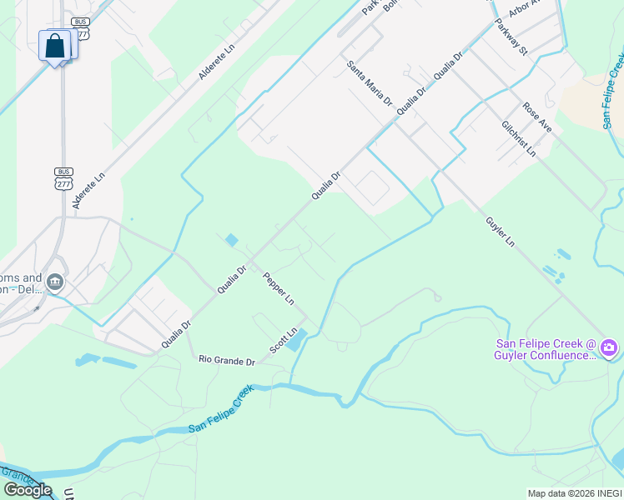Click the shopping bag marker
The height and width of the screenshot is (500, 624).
55,46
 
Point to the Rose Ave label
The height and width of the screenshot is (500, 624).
537,117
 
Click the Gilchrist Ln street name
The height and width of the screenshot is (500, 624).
519,137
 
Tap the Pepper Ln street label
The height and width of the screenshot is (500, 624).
279,287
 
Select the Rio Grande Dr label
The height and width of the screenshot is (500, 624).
226,361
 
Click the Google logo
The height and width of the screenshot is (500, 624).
28,490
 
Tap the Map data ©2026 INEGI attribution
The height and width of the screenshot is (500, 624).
574,493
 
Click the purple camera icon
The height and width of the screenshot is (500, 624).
609,347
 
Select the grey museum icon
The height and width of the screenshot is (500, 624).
55,283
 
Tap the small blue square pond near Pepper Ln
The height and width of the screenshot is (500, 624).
232,240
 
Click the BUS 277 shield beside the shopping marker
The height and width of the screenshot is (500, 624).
81,27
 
